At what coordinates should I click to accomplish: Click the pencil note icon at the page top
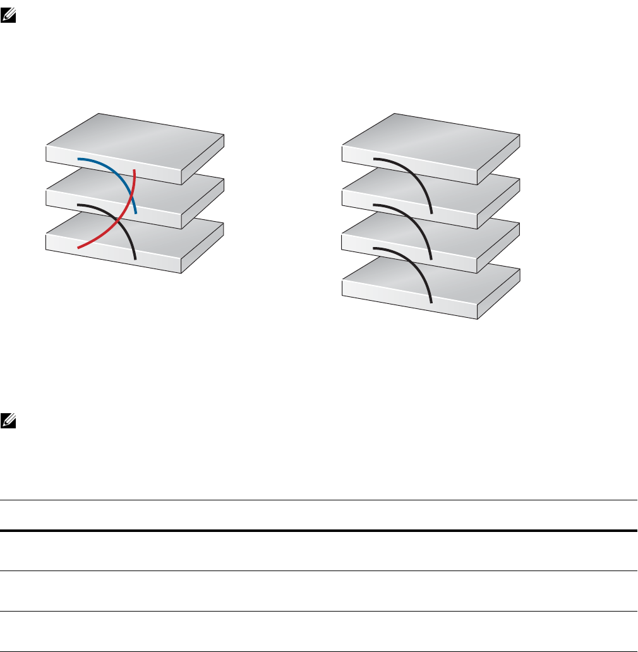(8, 18)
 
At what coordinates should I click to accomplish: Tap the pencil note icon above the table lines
(8, 419)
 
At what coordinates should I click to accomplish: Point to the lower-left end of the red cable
(78, 248)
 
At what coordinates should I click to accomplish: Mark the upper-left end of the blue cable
(78, 159)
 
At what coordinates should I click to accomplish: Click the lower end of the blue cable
(135, 213)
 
